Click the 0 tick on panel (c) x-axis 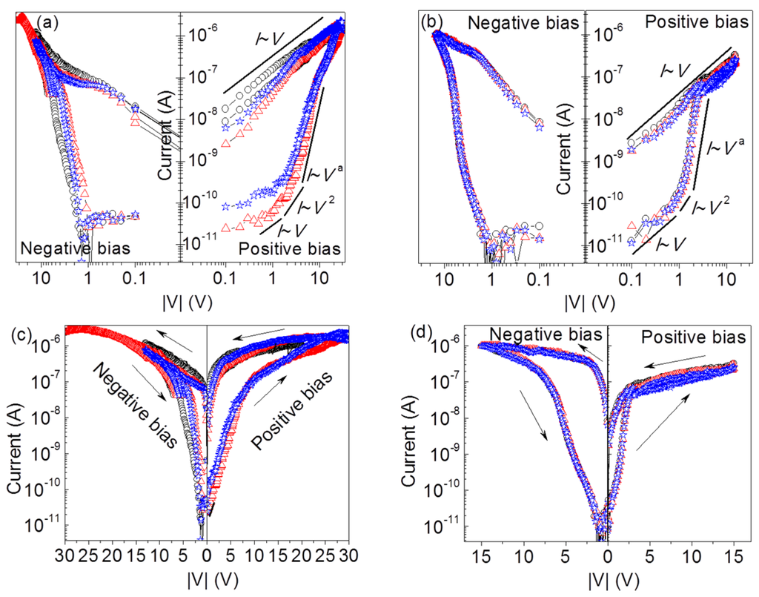click(x=206, y=555)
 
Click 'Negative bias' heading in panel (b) click(x=523, y=22)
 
